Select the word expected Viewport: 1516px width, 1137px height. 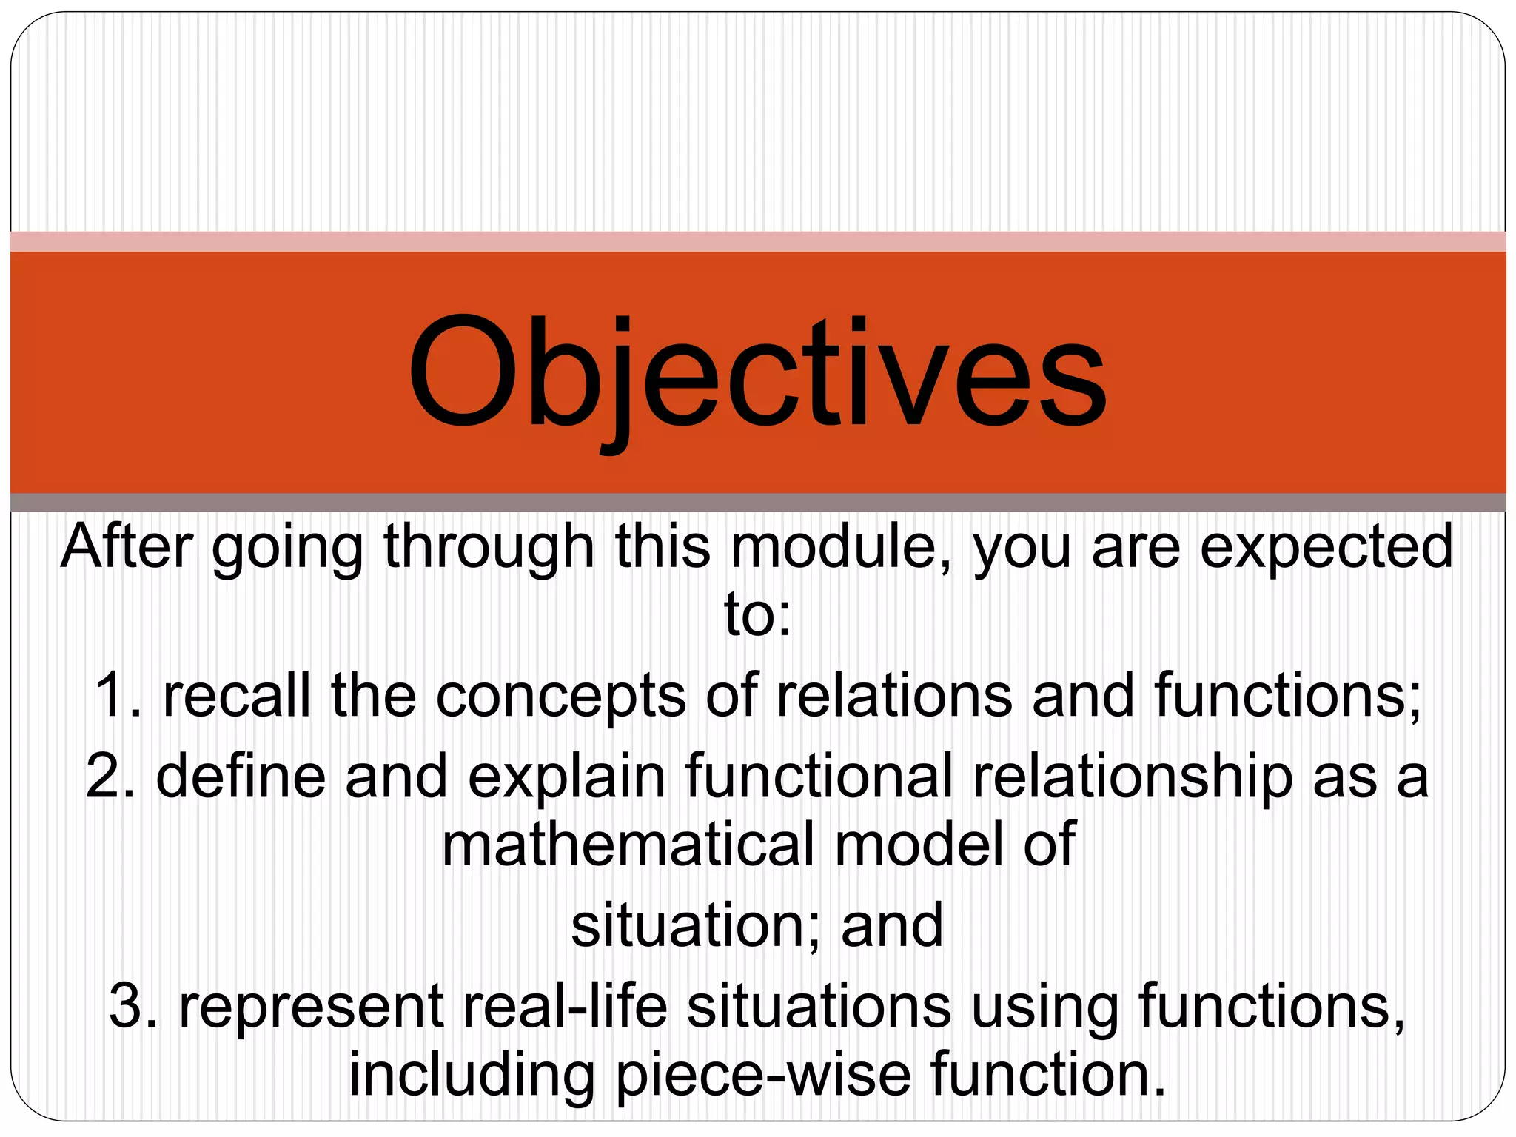coord(1326,548)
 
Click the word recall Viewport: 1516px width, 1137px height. coord(237,696)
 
